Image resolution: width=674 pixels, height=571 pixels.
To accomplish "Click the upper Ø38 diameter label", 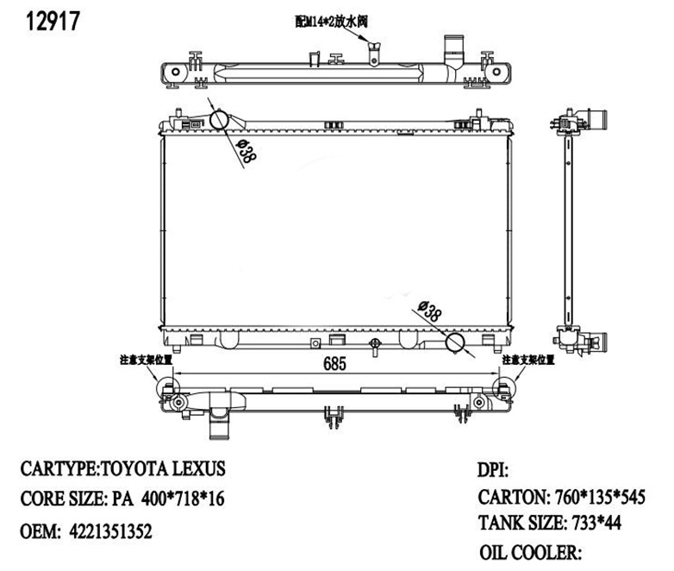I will click(245, 152).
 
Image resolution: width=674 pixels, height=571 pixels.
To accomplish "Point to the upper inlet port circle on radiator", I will click(221, 120).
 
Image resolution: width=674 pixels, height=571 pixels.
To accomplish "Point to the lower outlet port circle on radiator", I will click(455, 343).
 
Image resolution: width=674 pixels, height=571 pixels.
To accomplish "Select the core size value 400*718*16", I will click(179, 499).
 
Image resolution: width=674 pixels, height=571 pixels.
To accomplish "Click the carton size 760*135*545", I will click(595, 498).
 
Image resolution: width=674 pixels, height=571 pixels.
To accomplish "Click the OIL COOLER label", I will click(532, 552).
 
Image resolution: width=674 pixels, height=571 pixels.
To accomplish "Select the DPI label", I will click(493, 471).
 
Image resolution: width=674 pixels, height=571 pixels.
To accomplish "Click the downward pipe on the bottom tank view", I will click(221, 427).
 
